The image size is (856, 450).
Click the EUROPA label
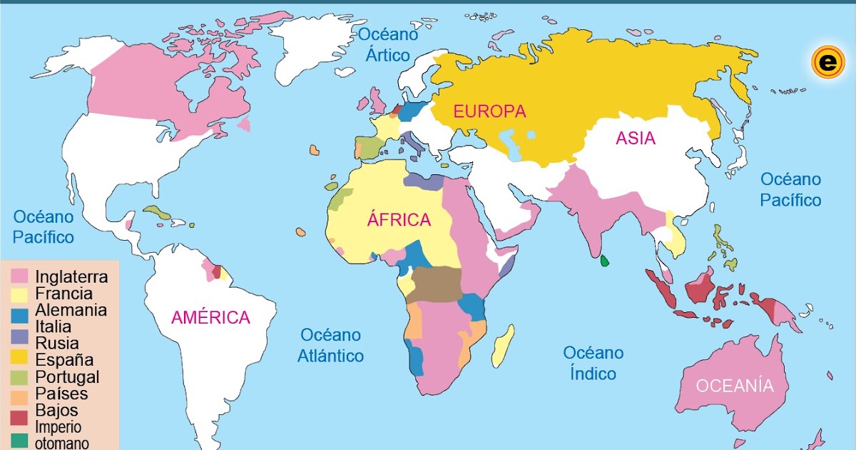pyautogui.click(x=489, y=111)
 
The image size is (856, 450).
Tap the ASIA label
pyautogui.click(x=636, y=139)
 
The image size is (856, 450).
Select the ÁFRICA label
pyautogui.click(x=399, y=220)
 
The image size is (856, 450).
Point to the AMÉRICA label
pyautogui.click(x=210, y=318)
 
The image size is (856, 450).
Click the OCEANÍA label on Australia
pyautogui.click(x=735, y=386)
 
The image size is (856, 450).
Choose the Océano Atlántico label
pyautogui.click(x=330, y=345)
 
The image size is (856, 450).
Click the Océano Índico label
pyautogui.click(x=593, y=363)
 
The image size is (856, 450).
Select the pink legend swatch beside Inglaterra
pyautogui.click(x=20, y=276)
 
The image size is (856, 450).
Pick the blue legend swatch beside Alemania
pyautogui.click(x=20, y=311)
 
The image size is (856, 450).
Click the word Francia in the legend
pyautogui.click(x=63, y=294)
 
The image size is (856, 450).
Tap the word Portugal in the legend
pyautogui.click(x=67, y=376)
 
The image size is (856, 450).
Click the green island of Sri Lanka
pyautogui.click(x=604, y=261)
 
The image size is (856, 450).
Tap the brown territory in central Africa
pyautogui.click(x=437, y=284)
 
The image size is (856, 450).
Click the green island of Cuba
pyautogui.click(x=163, y=213)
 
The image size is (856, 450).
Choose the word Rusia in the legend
pyautogui.click(x=56, y=344)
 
